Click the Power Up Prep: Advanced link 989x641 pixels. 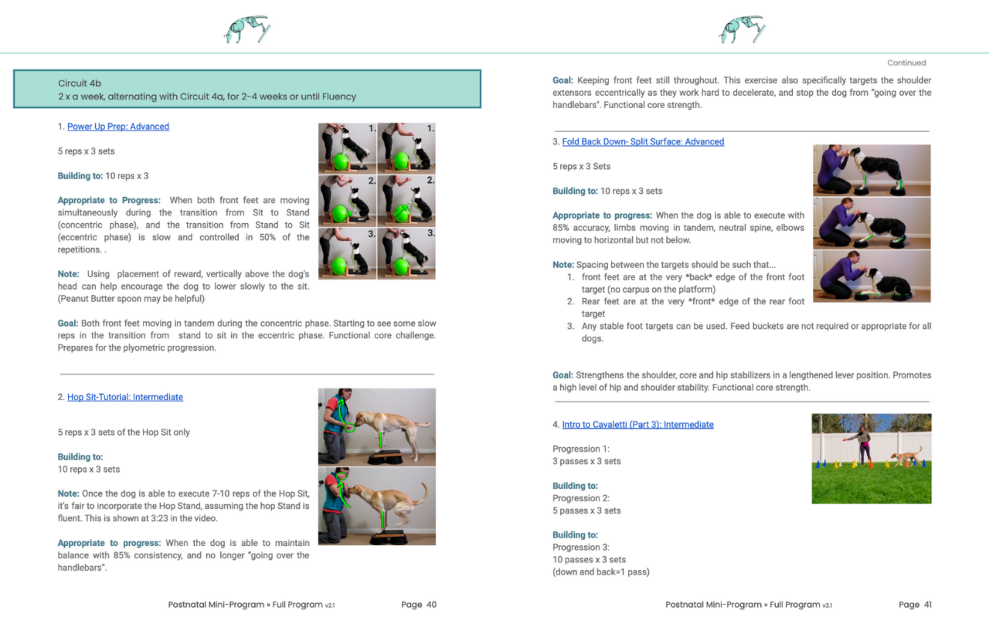point(118,127)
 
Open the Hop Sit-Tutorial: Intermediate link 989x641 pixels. point(125,397)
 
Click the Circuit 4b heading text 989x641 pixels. point(80,83)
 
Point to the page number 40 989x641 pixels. point(431,605)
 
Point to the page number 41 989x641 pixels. point(926,605)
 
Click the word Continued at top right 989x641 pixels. point(906,63)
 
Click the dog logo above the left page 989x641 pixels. point(246,29)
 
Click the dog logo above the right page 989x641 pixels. point(741,29)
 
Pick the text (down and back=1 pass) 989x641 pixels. point(601,572)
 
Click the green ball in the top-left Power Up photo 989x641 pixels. point(341,161)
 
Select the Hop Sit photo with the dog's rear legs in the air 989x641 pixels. point(377,507)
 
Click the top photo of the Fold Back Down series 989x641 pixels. point(872,170)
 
